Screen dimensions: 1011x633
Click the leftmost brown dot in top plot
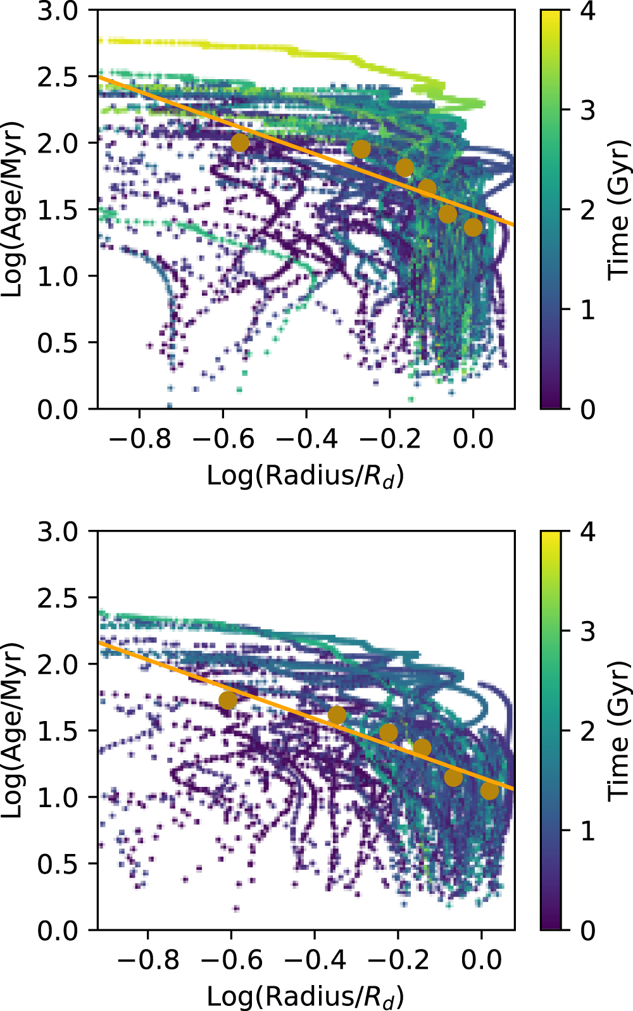(240, 142)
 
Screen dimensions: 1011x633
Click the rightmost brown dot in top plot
(473, 227)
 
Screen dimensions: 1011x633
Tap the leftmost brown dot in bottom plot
(228, 700)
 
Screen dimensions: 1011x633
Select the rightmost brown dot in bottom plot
(489, 790)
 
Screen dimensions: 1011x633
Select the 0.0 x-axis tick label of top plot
(473, 438)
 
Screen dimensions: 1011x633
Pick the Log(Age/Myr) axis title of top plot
(13, 209)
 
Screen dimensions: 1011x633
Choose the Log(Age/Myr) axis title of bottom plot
(13, 730)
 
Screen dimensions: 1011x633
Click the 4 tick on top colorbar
(562, 11)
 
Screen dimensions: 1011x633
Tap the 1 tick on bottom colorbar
(562, 830)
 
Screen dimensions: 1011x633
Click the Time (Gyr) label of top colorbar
(619, 209)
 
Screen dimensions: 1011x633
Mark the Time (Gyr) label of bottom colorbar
(619, 730)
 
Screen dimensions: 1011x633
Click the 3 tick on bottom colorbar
(562, 631)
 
